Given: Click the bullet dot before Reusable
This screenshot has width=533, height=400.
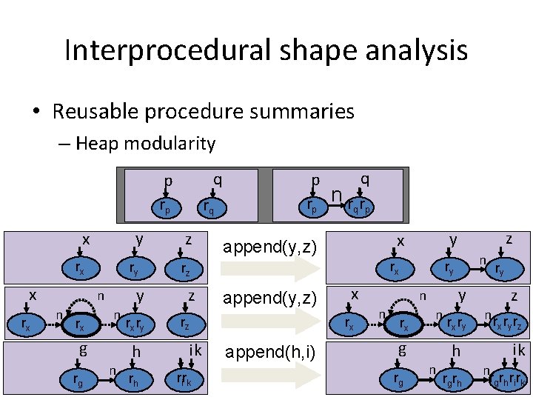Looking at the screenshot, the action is pos(36,113).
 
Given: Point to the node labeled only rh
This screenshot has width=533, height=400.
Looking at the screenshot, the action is pos(133,381).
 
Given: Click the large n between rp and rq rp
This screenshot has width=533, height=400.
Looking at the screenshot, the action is pos(337,195).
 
